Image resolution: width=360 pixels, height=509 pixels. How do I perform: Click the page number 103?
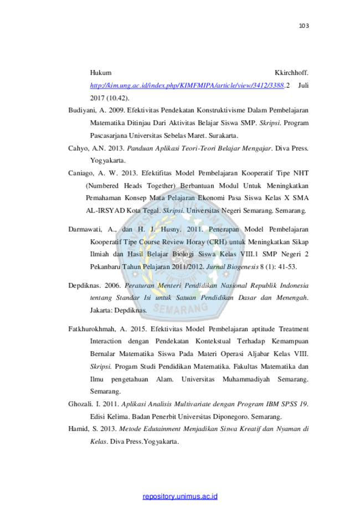pyautogui.click(x=304, y=25)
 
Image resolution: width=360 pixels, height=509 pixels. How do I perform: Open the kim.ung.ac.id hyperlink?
pyautogui.click(x=187, y=85)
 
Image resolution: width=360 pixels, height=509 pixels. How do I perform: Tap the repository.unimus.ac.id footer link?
pyautogui.click(x=180, y=496)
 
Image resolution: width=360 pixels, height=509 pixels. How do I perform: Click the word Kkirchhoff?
pyautogui.click(x=291, y=73)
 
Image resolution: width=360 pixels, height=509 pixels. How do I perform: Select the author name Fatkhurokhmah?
pyautogui.click(x=91, y=329)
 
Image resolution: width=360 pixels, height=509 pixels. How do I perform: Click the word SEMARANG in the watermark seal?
pyautogui.click(x=180, y=307)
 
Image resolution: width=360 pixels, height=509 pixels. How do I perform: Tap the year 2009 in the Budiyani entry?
pyautogui.click(x=116, y=110)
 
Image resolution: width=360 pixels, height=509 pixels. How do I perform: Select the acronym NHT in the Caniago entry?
pyautogui.click(x=301, y=173)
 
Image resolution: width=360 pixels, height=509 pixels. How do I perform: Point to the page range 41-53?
pyautogui.click(x=287, y=267)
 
